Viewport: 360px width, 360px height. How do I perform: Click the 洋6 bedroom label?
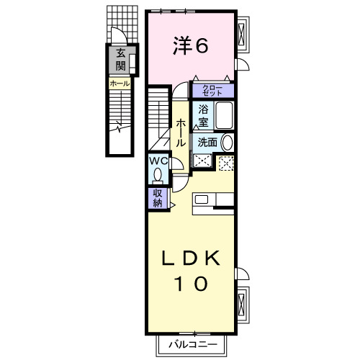(x=190, y=45)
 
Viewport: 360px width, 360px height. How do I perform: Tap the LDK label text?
(x=191, y=260)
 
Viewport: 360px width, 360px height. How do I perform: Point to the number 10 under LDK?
(x=191, y=283)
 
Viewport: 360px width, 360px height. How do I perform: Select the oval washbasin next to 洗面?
(x=228, y=142)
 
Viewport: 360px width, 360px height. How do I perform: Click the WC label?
(x=158, y=161)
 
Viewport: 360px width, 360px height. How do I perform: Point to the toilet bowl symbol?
(x=158, y=175)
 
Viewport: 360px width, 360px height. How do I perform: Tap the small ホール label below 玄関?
(x=120, y=84)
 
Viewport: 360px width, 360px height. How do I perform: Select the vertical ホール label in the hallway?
(x=181, y=134)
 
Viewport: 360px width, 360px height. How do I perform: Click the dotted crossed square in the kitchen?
(x=226, y=163)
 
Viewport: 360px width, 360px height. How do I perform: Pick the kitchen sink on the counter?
(x=201, y=199)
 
